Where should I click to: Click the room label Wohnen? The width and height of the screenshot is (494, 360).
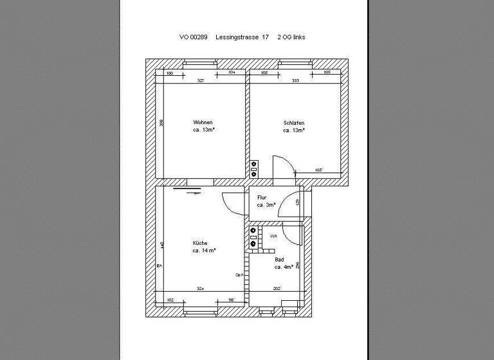[203, 122]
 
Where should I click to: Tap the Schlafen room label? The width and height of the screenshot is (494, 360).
[293, 123]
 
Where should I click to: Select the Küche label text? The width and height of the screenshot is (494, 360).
[200, 243]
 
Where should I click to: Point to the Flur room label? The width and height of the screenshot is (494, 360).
[262, 197]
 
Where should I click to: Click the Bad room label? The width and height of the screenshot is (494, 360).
[279, 260]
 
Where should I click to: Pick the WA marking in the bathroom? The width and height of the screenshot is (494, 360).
[273, 237]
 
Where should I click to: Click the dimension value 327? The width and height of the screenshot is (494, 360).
[201, 81]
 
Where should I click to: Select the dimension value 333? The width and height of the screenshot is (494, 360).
[295, 81]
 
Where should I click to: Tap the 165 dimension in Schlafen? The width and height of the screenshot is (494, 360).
[318, 170]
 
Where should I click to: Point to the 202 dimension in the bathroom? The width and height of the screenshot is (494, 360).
[277, 289]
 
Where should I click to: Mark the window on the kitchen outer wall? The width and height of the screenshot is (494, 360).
[201, 312]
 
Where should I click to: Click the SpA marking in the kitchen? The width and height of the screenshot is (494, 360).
[238, 274]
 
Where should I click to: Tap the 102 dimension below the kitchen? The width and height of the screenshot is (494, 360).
[170, 300]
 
